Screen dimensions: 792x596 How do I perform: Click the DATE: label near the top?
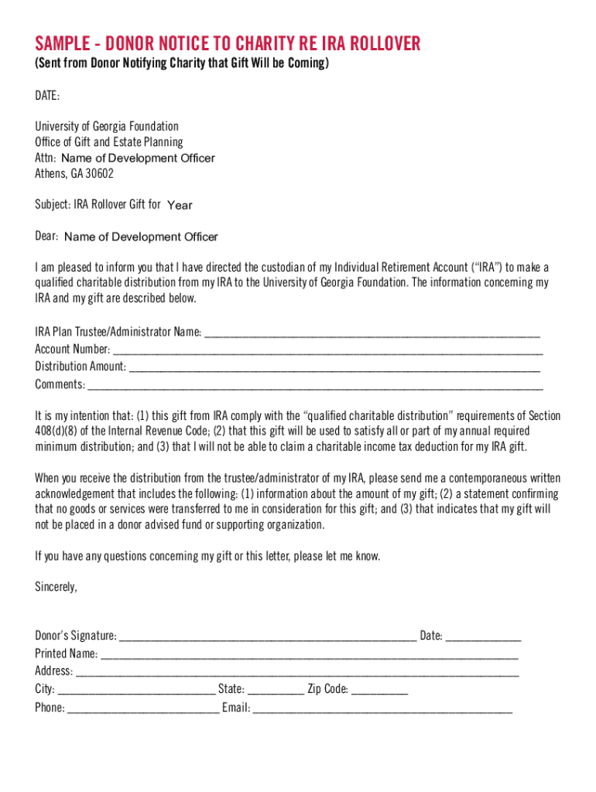click(47, 95)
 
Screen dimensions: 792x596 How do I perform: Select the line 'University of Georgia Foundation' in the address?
click(107, 126)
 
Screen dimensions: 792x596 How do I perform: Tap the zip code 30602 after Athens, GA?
click(99, 173)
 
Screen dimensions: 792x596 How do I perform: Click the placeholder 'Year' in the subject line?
click(180, 206)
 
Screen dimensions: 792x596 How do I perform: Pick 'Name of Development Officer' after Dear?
click(141, 237)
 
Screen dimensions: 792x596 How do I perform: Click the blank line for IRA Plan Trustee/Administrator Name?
click(372, 333)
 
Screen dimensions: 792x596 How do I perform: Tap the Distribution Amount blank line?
click(335, 367)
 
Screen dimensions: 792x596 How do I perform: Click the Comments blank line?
click(316, 384)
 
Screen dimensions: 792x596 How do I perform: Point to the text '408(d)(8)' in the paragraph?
click(57, 431)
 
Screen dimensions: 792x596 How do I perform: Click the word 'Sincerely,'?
click(56, 586)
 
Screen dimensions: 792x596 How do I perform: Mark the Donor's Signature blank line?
click(268, 637)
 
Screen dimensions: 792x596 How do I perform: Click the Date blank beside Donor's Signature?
click(484, 637)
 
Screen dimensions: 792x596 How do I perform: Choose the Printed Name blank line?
click(310, 654)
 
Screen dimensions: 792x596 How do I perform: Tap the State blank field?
click(276, 690)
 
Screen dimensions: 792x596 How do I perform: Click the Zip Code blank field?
click(379, 690)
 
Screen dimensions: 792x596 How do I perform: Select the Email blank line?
click(382, 708)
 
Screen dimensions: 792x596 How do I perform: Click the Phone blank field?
click(143, 708)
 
